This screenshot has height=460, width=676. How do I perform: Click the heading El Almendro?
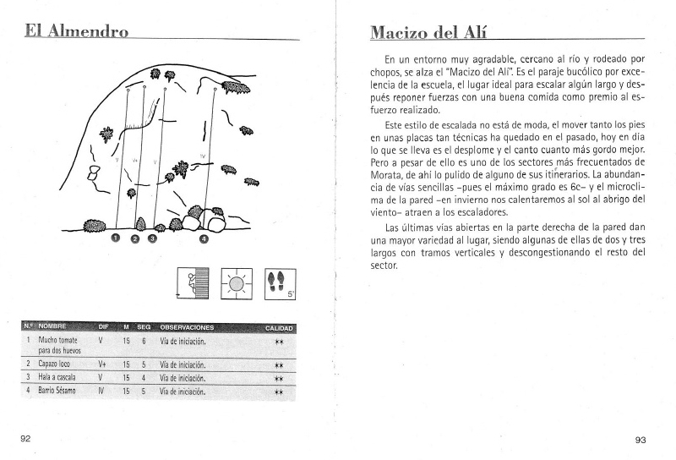[76, 33]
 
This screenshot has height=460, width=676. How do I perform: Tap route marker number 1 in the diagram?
[117, 238]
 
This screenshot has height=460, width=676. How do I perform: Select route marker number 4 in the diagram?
[204, 238]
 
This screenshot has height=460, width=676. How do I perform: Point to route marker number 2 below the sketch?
[135, 238]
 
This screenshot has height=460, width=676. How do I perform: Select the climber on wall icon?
[191, 282]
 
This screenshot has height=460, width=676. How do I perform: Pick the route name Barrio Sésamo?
[57, 391]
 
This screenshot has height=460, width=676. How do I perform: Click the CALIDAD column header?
[279, 328]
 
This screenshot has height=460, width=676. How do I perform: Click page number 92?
[26, 438]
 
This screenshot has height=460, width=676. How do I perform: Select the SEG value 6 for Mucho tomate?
[144, 342]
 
